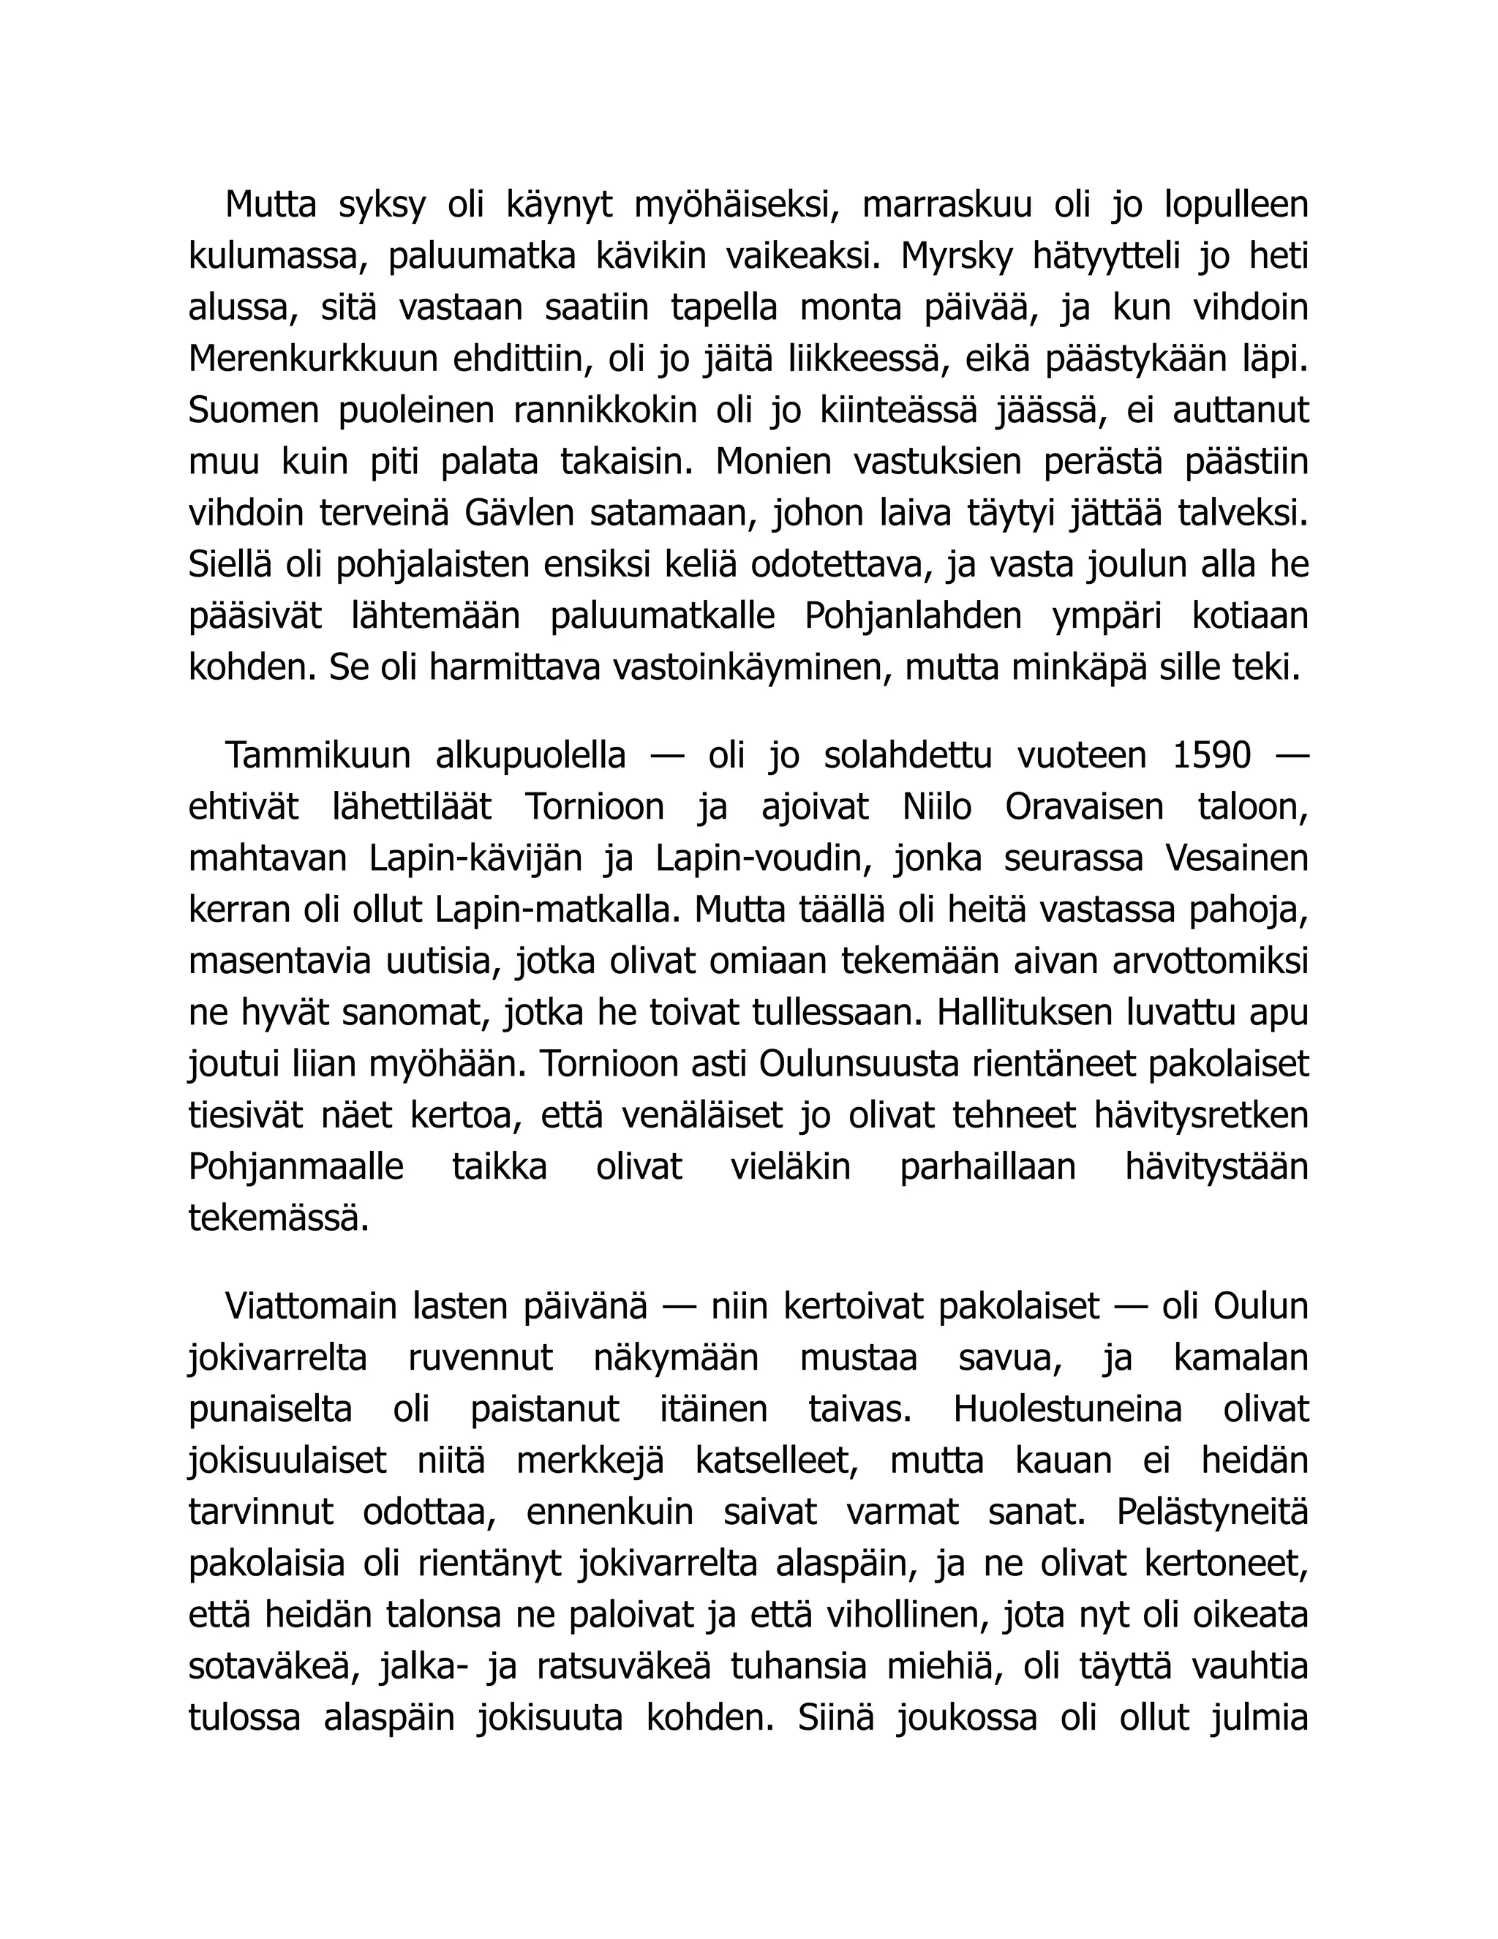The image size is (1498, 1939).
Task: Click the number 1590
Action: coord(1211,756)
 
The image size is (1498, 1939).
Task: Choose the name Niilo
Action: coord(937,807)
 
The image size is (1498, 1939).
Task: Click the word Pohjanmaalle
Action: coord(296,1166)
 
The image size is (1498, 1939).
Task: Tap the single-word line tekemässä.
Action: coord(279,1218)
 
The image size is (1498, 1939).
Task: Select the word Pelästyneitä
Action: coord(1212,1512)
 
